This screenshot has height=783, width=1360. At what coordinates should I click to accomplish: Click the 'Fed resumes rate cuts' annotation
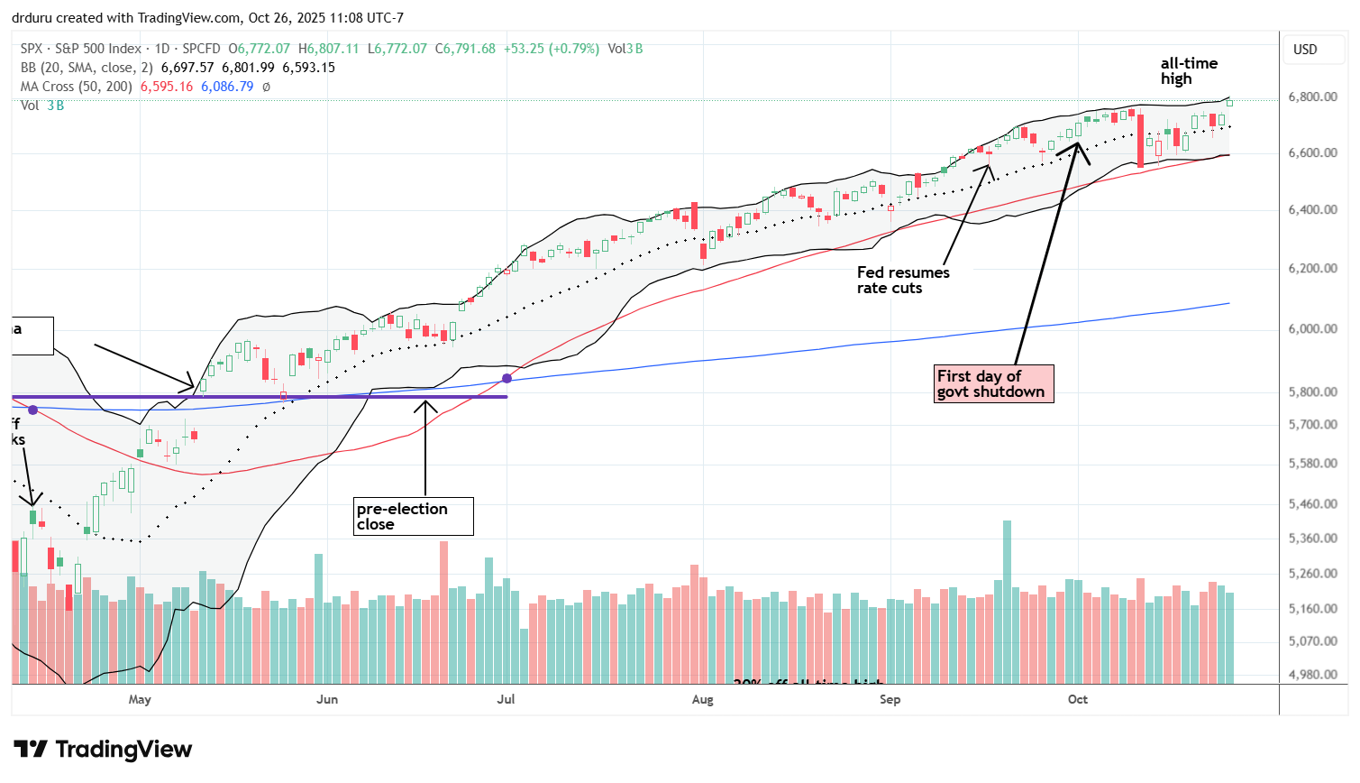902,281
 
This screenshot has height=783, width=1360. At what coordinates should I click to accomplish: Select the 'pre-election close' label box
413,516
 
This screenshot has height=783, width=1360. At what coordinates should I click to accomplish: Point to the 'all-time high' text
1188,71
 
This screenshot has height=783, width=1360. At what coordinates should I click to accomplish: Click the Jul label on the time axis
506,700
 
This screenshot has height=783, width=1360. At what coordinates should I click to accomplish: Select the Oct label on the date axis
1077,700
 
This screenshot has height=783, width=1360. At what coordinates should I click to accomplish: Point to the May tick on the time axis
140,700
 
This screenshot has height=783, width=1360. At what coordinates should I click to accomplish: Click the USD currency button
1305,50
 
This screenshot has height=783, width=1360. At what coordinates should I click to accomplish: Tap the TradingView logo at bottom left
103,750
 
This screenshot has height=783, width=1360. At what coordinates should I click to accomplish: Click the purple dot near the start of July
507,378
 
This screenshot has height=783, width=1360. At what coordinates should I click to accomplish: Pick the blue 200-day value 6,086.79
227,87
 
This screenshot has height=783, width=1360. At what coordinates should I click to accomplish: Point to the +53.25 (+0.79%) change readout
550,49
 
